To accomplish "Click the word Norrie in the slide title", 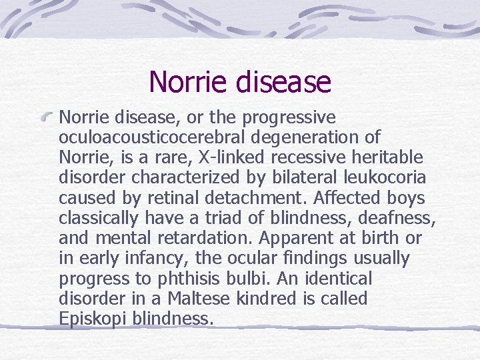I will (x=189, y=82).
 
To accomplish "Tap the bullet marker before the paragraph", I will (x=46, y=119).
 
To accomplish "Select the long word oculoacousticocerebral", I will (x=152, y=138).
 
